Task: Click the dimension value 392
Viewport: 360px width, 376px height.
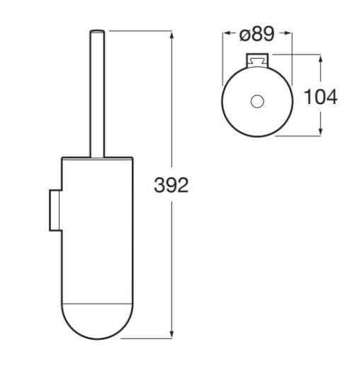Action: coord(171,186)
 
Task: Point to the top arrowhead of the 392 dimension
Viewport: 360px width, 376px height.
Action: coord(172,34)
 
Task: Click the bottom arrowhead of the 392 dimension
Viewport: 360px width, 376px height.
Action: coord(172,334)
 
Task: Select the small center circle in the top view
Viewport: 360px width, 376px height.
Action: coord(257,102)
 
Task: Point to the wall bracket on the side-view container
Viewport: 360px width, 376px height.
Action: coord(55,210)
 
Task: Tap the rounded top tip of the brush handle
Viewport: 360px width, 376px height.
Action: coord(96,32)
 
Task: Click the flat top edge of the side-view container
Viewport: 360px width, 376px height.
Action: coord(96,156)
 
